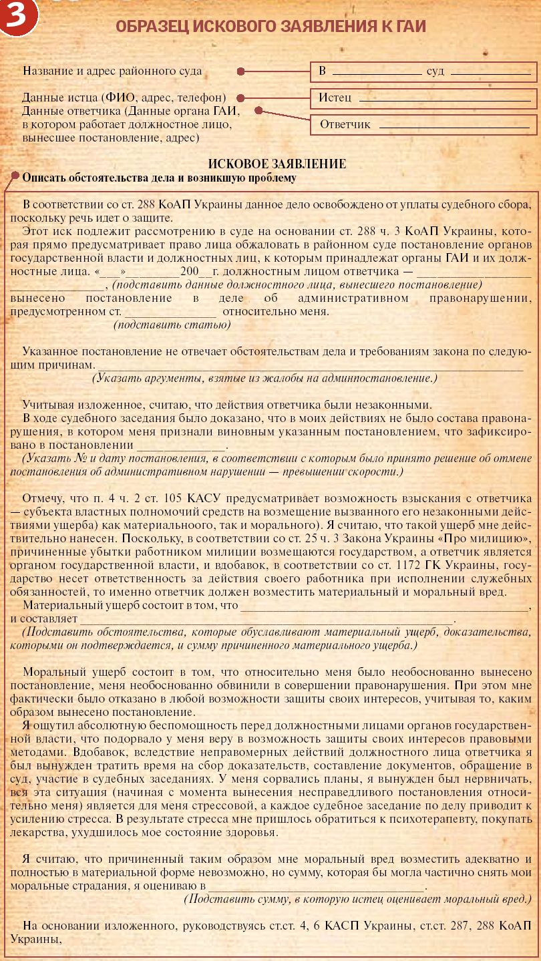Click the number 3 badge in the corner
tap(19, 19)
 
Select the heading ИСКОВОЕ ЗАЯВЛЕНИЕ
tap(277, 164)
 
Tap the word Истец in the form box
tap(335, 98)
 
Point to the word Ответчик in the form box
tap(345, 124)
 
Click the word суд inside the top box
tap(435, 71)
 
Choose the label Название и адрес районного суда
tap(112, 71)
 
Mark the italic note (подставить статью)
tap(172, 325)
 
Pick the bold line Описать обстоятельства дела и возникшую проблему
tap(159, 178)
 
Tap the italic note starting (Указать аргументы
tap(264, 378)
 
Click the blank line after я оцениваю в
tap(317, 886)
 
